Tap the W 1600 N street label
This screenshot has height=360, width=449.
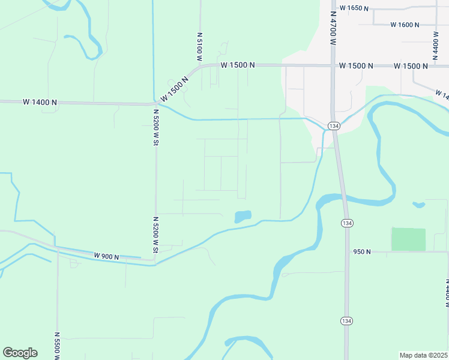point(405,25)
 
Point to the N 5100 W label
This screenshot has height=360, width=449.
point(199,46)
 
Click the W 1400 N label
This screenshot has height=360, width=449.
point(40,103)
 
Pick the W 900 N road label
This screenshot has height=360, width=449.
point(107,256)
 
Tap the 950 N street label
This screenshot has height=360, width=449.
point(362,252)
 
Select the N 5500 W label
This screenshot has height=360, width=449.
point(57,346)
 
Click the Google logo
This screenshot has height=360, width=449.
point(20,353)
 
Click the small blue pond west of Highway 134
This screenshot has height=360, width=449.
point(243,216)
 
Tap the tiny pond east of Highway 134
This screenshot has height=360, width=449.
point(418,205)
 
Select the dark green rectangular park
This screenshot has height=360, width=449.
point(408,239)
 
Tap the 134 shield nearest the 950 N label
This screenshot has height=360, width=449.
point(346,223)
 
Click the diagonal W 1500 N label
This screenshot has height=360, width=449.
point(175,88)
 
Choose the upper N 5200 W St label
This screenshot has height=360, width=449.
point(155,127)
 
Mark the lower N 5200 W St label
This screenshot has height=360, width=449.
point(155,235)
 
